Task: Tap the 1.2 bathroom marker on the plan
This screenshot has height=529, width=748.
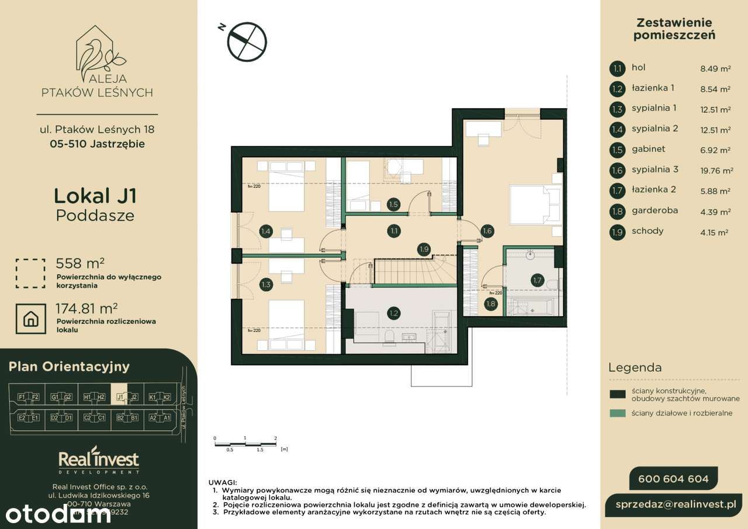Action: coord(394,314)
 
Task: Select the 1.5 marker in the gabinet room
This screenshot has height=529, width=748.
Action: coord(393,205)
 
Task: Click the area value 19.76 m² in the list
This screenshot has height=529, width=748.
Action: coord(716,171)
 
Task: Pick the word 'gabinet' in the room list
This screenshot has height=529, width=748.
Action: coord(649,149)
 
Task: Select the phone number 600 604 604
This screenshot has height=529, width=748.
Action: coord(673,479)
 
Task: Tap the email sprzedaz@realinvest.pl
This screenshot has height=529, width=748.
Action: coord(678,503)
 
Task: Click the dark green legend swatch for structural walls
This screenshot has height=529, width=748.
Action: coord(617,395)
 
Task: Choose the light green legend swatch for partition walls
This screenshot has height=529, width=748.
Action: coord(617,413)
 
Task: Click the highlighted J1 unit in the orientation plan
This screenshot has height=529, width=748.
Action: coord(120,397)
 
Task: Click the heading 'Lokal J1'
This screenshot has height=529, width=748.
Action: coord(95,195)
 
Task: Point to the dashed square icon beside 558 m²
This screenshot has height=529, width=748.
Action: coord(31,274)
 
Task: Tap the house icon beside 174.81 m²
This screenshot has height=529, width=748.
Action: coord(31,318)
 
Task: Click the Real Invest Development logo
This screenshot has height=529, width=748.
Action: coord(98,461)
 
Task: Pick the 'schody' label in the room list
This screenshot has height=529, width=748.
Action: coord(647,231)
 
